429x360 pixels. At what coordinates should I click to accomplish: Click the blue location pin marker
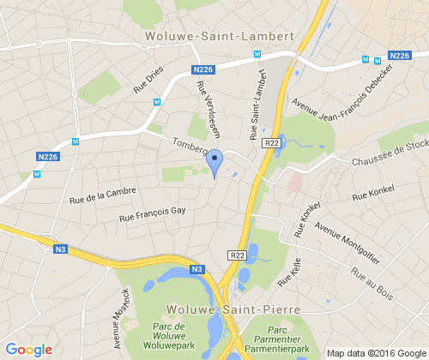point(215,162)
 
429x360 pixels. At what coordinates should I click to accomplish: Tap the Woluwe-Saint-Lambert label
point(220,36)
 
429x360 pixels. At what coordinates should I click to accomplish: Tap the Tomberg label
point(190,147)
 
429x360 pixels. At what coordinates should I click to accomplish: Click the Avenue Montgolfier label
point(348,239)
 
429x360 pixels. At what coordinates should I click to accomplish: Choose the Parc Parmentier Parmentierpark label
point(276,340)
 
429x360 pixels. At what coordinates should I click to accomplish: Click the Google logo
point(28,349)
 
